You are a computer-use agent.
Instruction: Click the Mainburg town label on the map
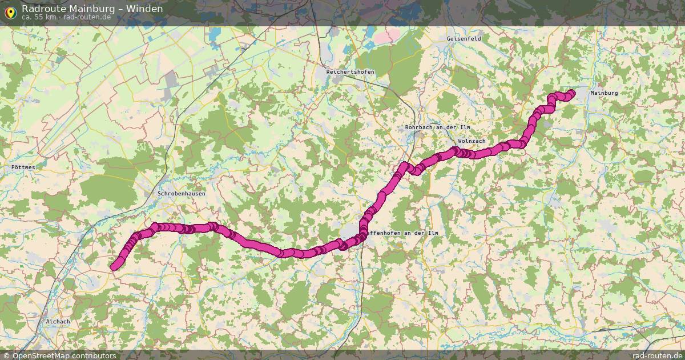pyautogui.click(x=604, y=93)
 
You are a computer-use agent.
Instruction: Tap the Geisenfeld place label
pyautogui.click(x=464, y=38)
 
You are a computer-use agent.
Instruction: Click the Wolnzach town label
pyautogui.click(x=472, y=141)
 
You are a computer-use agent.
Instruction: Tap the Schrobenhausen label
pyautogui.click(x=181, y=194)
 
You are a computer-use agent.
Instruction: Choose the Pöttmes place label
pyautogui.click(x=23, y=167)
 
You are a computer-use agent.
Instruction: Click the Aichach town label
pyautogui.click(x=58, y=322)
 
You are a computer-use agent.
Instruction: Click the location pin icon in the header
pyautogui.click(x=10, y=11)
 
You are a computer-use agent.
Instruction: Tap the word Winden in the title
pyautogui.click(x=144, y=9)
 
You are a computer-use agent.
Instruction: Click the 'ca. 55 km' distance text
pyautogui.click(x=38, y=17)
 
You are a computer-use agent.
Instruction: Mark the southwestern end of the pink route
pyautogui.click(x=114, y=266)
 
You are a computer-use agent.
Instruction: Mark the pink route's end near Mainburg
pyautogui.click(x=571, y=94)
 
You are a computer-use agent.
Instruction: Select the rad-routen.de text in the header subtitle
pyautogui.click(x=87, y=17)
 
